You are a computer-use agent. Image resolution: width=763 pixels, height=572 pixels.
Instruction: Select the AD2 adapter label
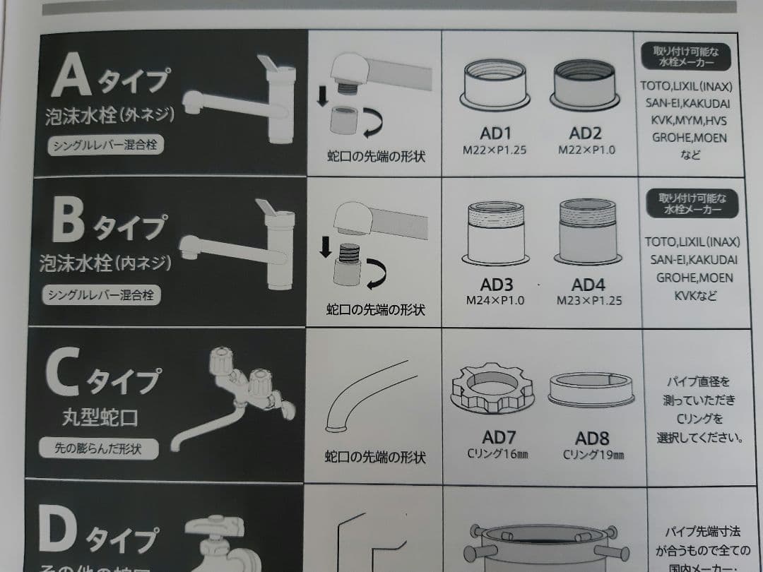(586, 134)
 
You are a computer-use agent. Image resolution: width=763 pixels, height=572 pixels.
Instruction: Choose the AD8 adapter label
(592, 437)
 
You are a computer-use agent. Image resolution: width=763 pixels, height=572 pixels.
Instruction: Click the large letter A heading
(71, 76)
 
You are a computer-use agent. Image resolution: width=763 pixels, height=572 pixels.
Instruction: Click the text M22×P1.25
(495, 150)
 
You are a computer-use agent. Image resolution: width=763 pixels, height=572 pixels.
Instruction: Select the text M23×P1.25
(589, 300)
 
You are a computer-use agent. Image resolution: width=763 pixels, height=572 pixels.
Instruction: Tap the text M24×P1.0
(495, 300)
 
